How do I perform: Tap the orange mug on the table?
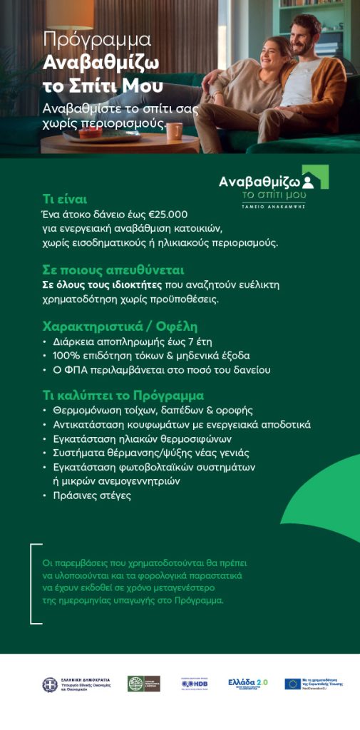[173, 130]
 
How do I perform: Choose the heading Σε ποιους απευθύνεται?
[113, 270]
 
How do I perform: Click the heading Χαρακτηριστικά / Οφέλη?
[120, 327]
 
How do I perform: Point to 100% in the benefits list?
[67, 356]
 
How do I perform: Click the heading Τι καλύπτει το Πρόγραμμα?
[123, 395]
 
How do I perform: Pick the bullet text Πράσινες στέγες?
[92, 495]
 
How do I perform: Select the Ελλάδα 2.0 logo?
[247, 683]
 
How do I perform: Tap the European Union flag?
[292, 684]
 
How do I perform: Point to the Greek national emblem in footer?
[50, 684]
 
